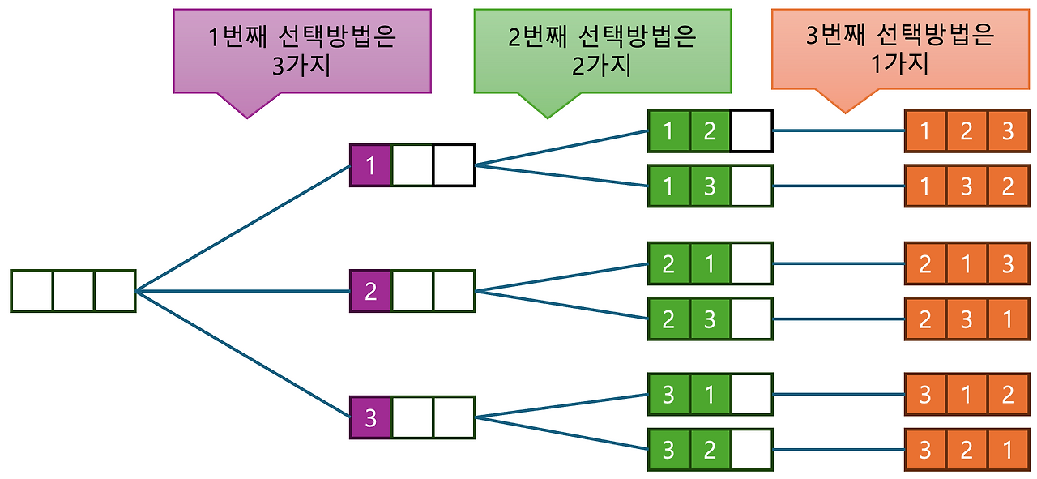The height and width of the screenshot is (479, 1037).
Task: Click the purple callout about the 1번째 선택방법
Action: (302, 50)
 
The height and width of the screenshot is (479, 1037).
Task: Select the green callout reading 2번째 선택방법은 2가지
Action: (602, 50)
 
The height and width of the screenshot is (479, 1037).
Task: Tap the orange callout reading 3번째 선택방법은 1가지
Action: (900, 50)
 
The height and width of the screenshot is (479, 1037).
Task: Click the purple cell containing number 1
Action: (371, 165)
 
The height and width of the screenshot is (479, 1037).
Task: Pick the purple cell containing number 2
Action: (371, 291)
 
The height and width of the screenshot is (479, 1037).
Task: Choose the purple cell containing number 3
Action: (371, 417)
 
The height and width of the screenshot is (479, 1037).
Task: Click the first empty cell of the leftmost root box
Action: (32, 291)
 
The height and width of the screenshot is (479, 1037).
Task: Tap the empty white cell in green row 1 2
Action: (751, 130)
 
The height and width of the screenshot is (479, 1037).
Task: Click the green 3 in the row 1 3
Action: (711, 186)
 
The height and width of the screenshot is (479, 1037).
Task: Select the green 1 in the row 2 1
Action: (711, 263)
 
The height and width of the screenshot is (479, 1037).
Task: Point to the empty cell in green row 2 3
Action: (751, 319)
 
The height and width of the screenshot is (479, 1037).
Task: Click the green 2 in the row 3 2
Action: (711, 450)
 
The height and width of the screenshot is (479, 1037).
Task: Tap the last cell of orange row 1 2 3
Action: (1008, 130)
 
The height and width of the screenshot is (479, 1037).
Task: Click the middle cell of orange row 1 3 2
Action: (967, 186)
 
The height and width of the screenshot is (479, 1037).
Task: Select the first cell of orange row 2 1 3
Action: (925, 263)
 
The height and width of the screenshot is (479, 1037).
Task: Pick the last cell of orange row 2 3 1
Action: (1008, 319)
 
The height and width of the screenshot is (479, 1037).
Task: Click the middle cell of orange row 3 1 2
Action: (967, 395)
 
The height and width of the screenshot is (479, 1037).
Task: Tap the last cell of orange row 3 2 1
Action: (1008, 450)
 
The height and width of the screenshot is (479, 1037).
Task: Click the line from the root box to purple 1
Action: (243, 229)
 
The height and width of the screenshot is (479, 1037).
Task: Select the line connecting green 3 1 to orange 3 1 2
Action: (839, 395)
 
